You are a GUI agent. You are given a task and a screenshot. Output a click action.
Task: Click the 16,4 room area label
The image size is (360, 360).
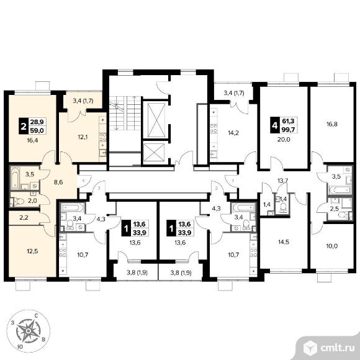point(32,140)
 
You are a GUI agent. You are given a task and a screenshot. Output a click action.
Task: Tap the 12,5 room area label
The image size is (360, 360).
point(32,251)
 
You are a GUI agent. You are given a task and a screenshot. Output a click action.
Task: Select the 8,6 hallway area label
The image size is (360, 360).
point(58,182)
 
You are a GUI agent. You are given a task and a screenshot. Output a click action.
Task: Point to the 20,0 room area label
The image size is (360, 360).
point(284,139)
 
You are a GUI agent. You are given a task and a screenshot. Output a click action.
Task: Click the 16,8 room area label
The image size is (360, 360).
point(332,124)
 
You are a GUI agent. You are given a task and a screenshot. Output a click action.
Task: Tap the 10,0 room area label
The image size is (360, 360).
point(332,246)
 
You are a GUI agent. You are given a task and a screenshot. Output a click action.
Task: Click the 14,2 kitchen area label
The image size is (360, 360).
point(233,132)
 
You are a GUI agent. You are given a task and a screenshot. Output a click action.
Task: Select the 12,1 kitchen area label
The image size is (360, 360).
point(83,137)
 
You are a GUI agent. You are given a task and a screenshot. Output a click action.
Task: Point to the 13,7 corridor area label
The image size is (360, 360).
point(282,180)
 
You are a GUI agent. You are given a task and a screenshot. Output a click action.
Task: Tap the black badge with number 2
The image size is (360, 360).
point(23,126)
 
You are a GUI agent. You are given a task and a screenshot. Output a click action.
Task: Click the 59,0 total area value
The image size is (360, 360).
point(37,130)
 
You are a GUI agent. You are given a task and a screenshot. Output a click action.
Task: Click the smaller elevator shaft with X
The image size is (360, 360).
point(155,152)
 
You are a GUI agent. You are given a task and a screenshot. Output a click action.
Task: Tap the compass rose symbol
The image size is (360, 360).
point(28,331)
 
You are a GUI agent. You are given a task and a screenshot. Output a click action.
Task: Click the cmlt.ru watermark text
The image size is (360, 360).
point(337,348)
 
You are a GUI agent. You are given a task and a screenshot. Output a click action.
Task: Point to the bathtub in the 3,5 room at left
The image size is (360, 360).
point(15,178)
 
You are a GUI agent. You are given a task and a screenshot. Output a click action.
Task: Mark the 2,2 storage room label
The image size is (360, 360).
point(24,217)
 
